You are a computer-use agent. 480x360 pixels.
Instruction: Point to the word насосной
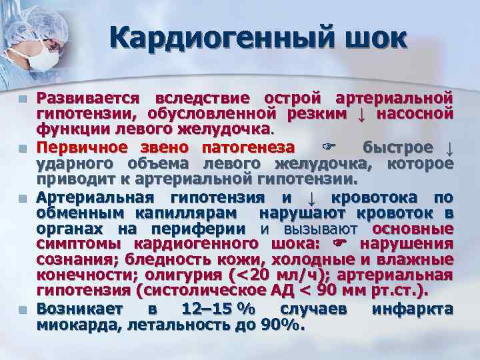(x=415, y=113)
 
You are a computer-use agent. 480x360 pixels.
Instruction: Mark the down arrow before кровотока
(x=311, y=197)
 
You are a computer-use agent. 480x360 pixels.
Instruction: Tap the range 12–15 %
(x=211, y=309)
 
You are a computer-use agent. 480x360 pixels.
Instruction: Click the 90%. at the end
(x=283, y=325)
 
